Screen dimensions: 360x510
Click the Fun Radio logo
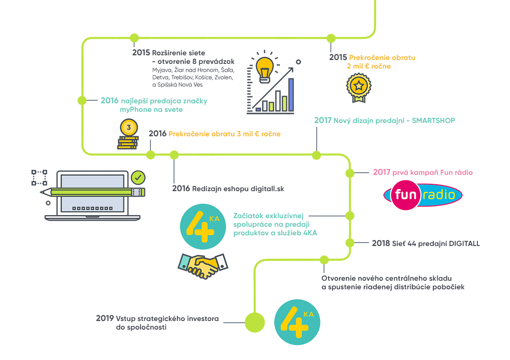(423, 195)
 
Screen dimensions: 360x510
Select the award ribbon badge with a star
(358, 87)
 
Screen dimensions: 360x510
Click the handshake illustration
(202, 266)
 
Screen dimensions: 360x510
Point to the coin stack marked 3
(128, 135)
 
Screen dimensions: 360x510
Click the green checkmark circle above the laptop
(138, 177)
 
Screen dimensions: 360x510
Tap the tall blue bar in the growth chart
(291, 94)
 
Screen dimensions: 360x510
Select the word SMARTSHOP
(433, 121)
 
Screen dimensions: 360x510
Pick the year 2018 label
(381, 243)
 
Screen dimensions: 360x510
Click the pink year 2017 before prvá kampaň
(381, 172)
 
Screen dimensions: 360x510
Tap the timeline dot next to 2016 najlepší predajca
(82, 100)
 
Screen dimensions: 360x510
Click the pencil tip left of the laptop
(43, 192)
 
